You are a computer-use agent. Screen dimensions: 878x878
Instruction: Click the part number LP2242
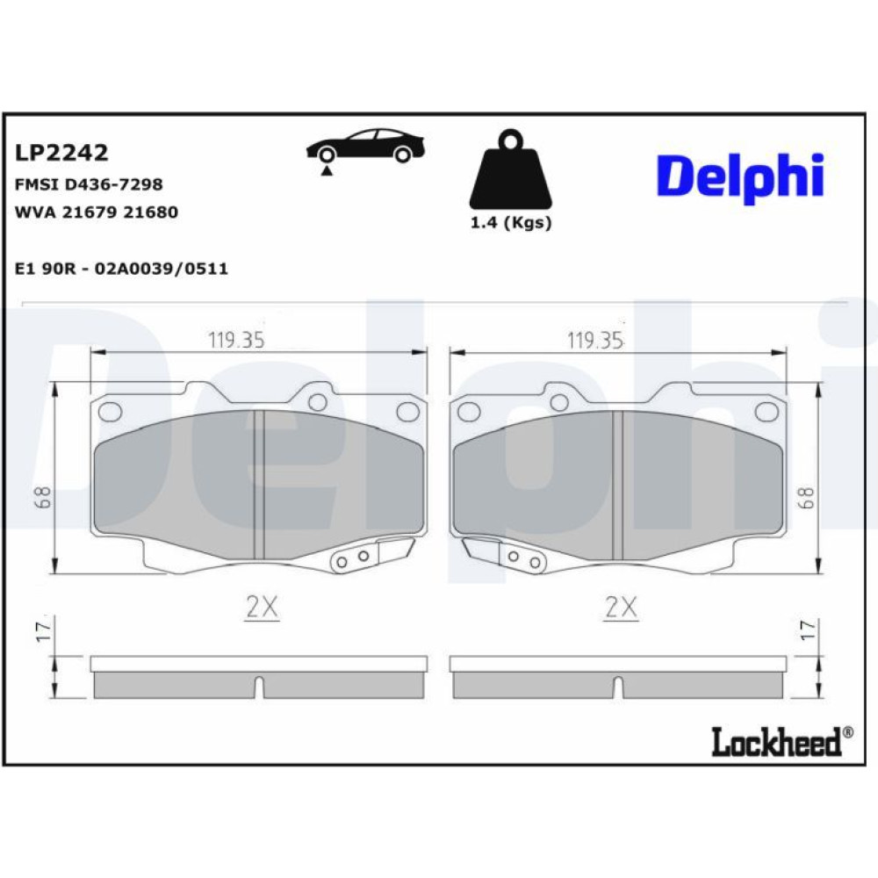click(x=61, y=152)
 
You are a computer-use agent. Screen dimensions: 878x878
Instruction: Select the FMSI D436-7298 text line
click(x=89, y=184)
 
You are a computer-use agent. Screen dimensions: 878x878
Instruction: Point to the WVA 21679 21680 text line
click(x=97, y=212)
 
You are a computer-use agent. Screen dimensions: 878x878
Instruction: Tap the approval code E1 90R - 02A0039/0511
click(x=121, y=269)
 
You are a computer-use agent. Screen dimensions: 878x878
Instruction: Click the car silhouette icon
click(x=365, y=146)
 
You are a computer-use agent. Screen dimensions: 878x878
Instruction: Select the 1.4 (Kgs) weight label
click(x=511, y=223)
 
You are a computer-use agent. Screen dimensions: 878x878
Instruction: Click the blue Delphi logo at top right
click(x=740, y=176)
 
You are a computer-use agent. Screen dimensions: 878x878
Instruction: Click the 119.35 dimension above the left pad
click(x=235, y=340)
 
